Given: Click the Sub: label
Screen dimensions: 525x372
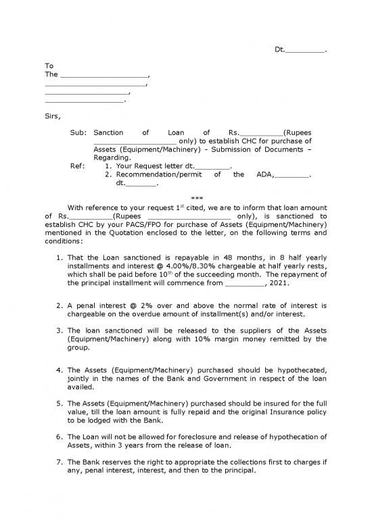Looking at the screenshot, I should click(78, 133).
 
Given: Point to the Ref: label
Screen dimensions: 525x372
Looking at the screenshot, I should click(78, 166).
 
